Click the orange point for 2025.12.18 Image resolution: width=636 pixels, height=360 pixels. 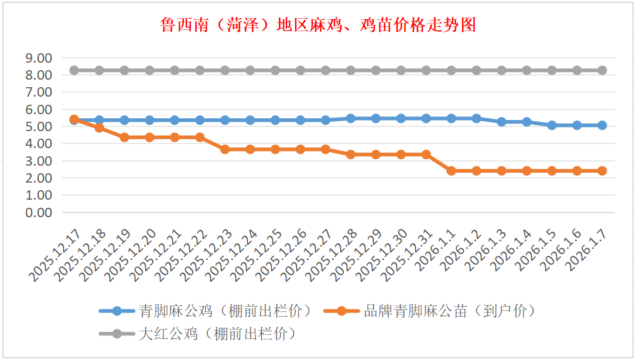[x=100, y=128]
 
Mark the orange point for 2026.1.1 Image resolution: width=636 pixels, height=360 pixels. [x=452, y=171]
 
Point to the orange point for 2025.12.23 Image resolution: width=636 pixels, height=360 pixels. [x=225, y=149]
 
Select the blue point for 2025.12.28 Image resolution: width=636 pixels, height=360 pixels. [x=351, y=118]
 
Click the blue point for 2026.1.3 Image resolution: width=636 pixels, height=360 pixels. [x=501, y=122]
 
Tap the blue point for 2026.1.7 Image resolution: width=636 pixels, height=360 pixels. [x=602, y=125]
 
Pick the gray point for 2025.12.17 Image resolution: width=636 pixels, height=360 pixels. [x=74, y=70]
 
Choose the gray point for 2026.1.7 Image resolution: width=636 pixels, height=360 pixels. [x=602, y=70]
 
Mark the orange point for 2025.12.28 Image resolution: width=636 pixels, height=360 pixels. [x=351, y=155]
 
